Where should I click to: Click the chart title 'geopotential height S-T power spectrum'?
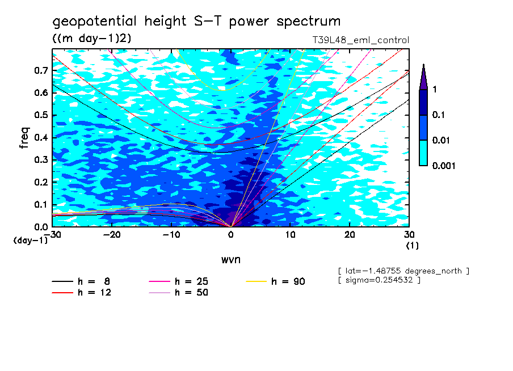(x=196, y=22)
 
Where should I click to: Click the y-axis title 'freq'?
(x=24, y=138)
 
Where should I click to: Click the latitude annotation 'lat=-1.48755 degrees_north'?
(x=403, y=271)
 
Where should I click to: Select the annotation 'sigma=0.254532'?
(x=379, y=280)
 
